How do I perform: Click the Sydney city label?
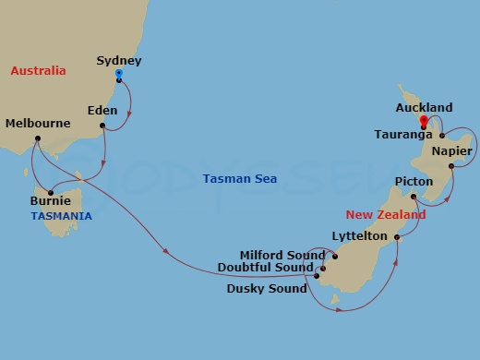point(118,61)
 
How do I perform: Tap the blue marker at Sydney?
point(119,73)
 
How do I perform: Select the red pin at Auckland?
point(423,120)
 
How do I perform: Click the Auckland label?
point(423,107)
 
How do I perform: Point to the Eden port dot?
point(102,126)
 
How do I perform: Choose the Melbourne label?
point(38,123)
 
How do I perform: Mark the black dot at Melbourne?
point(37,139)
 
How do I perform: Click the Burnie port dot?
point(50,193)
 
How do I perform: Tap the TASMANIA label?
point(61,216)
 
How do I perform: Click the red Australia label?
point(38,71)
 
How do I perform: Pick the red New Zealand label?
point(386,214)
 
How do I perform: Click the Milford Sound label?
point(281,255)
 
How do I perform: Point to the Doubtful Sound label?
point(265,268)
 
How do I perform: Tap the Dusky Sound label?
point(266,289)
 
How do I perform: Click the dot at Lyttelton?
point(397,238)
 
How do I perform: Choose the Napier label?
point(451,151)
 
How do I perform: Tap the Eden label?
point(102,110)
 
